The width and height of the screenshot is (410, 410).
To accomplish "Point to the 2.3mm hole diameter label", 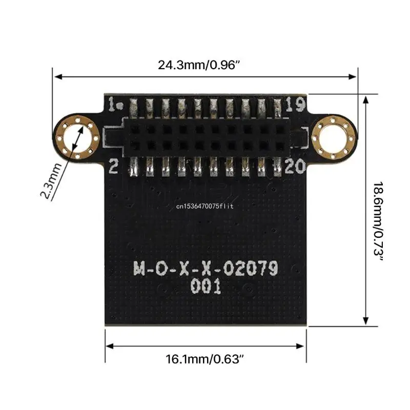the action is click(x=51, y=180).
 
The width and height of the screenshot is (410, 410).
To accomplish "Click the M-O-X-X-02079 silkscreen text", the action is click(x=206, y=268).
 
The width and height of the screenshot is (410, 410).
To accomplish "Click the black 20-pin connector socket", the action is click(x=205, y=136).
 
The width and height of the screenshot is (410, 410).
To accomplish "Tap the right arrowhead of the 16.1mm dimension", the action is click(x=303, y=346).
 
